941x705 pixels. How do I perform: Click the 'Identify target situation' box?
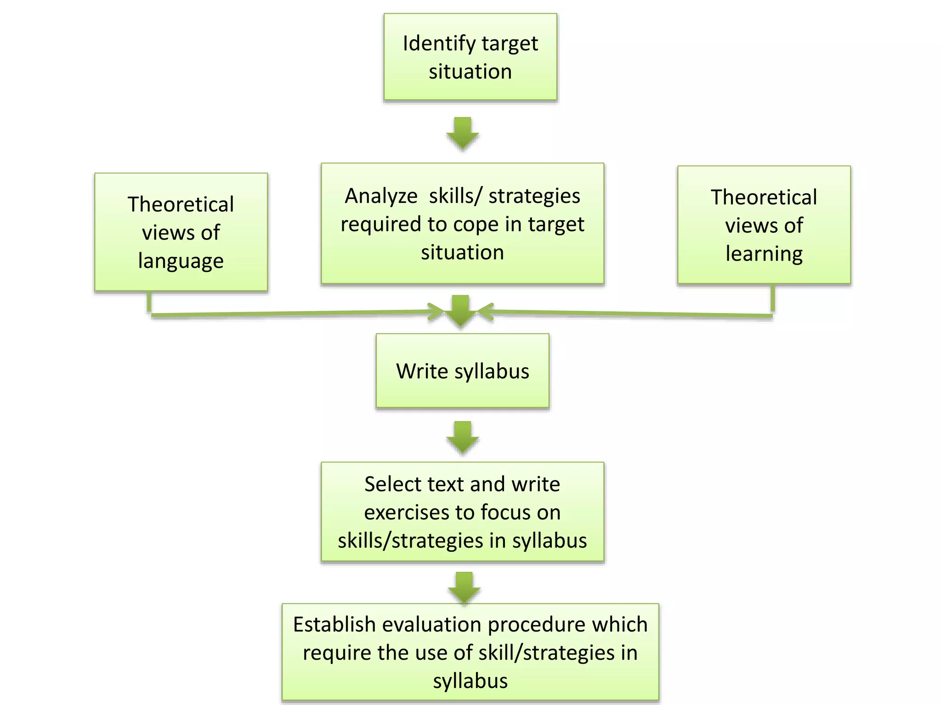coord(470,57)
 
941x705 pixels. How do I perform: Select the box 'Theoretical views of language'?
coord(181,232)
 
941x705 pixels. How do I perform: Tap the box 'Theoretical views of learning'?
coord(764,225)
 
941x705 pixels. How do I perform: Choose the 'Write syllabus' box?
coord(462,371)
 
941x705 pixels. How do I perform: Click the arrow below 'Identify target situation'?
coord(463,133)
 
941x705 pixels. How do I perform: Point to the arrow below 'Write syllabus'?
coord(463,437)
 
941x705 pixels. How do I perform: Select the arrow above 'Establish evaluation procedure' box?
coord(464,587)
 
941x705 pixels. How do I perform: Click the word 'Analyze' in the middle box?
coord(381,196)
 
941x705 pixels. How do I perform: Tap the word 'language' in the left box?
coord(181,261)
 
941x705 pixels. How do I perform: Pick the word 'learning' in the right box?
coord(764,254)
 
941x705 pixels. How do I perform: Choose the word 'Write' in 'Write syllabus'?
coord(422,371)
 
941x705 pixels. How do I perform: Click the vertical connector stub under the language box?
coord(149,302)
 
